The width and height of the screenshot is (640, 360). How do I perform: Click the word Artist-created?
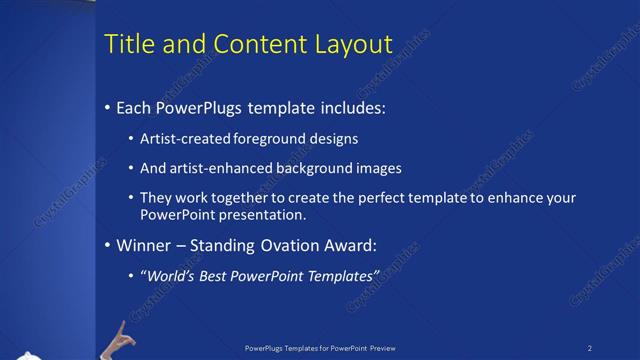tap(184, 138)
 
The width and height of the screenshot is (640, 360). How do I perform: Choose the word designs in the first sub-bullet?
tap(332, 138)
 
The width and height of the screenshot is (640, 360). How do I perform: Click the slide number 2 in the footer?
tap(590, 348)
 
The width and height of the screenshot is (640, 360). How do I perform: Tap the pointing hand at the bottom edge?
tap(122, 338)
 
